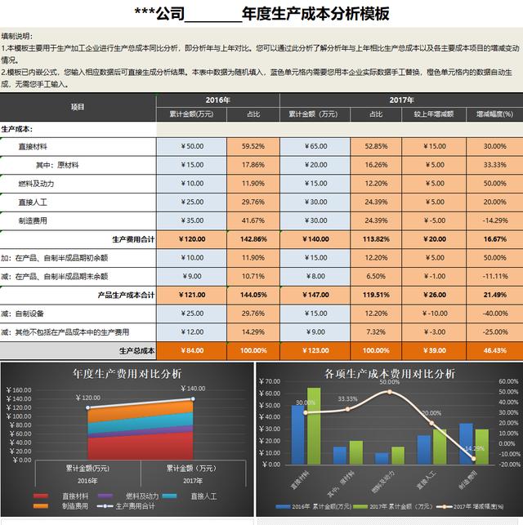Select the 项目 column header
click(x=78, y=107)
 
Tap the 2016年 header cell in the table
click(x=217, y=100)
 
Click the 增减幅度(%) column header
click(x=494, y=114)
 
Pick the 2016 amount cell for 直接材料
click(x=192, y=146)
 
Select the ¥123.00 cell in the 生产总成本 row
click(x=315, y=350)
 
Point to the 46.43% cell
click(x=494, y=350)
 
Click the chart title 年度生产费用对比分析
click(x=127, y=373)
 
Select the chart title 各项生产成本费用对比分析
click(x=389, y=373)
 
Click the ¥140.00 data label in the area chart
click(x=194, y=389)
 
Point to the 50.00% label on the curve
click(x=389, y=382)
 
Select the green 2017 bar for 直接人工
click(x=440, y=446)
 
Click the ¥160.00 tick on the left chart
click(x=19, y=390)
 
